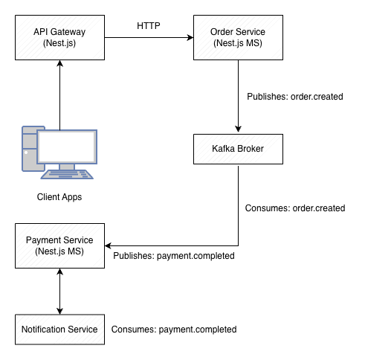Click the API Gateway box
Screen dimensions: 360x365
pyautogui.click(x=59, y=38)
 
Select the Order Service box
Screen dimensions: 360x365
pyautogui.click(x=237, y=38)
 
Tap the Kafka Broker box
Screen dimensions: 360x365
pyautogui.click(x=237, y=149)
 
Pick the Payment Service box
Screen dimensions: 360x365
pyautogui.click(x=59, y=245)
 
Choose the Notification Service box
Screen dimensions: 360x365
pyautogui.click(x=59, y=329)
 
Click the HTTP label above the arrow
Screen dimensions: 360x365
pyautogui.click(x=148, y=26)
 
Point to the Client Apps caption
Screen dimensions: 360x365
pyautogui.click(x=59, y=197)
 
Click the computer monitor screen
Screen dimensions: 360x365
pyautogui.click(x=67, y=147)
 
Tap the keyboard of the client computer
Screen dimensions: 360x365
pyautogui.click(x=68, y=175)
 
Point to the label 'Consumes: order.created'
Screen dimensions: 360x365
pyautogui.click(x=294, y=208)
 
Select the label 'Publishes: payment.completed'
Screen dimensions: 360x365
pyautogui.click(x=174, y=256)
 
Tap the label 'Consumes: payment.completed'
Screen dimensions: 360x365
pyautogui.click(x=173, y=329)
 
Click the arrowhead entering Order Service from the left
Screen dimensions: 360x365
pyautogui.click(x=189, y=38)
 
